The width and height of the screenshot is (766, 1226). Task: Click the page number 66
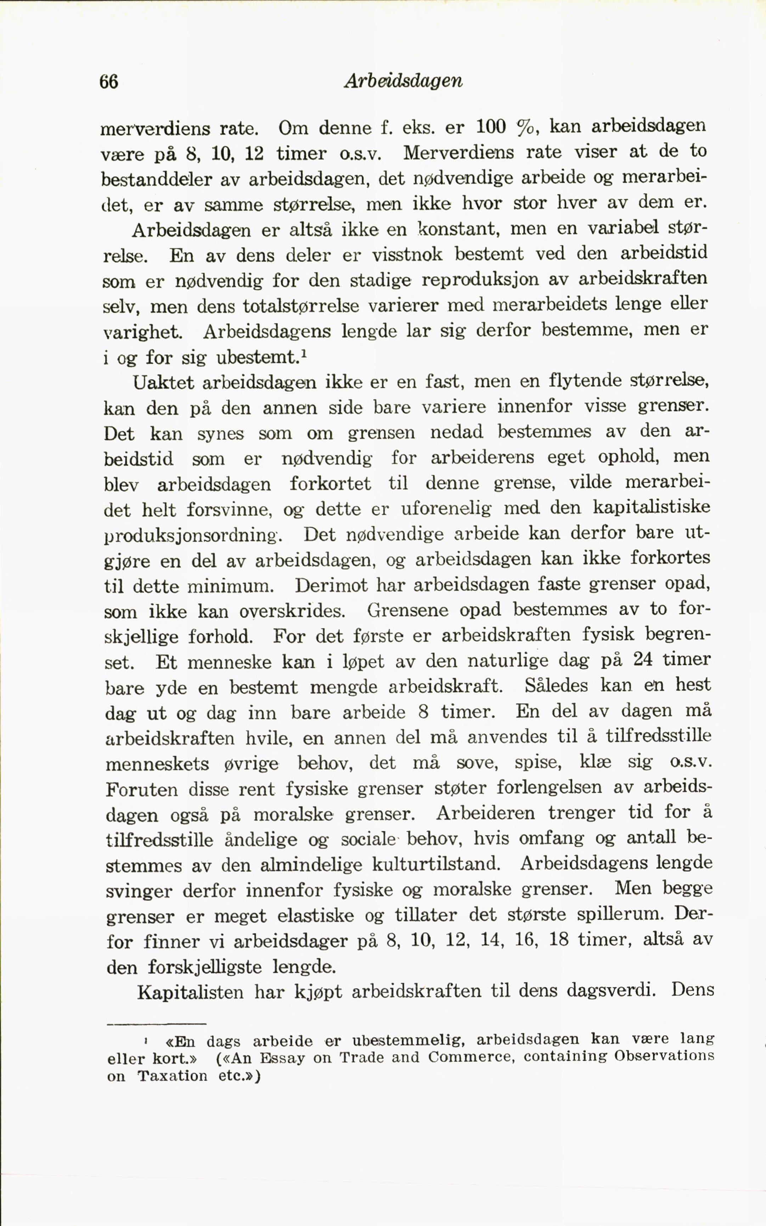point(109,81)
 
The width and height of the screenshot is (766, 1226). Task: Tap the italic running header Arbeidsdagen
point(403,81)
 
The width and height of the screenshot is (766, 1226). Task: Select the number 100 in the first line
point(491,126)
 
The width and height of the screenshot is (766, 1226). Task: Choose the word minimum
point(231,587)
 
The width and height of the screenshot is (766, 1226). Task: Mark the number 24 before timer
point(644,659)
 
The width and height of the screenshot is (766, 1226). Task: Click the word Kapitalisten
point(190,992)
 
